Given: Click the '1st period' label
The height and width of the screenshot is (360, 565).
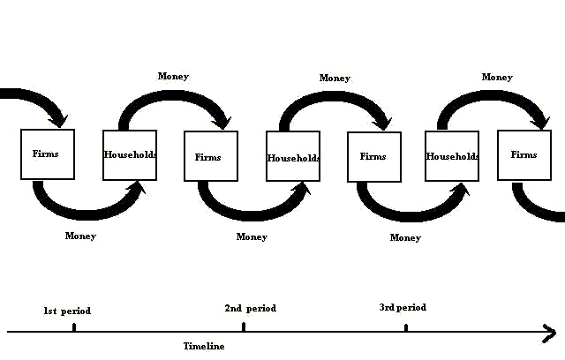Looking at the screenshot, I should (67, 311).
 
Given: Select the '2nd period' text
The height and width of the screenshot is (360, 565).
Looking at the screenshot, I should (250, 309).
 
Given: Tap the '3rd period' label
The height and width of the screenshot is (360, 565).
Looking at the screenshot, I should (403, 308).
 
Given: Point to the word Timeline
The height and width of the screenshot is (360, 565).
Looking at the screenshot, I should (204, 347).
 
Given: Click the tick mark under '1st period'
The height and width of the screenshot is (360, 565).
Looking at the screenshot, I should (74, 327).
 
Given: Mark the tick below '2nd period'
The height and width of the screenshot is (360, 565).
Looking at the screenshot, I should (244, 327).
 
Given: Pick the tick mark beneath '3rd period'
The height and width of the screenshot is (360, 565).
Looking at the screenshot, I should (406, 328).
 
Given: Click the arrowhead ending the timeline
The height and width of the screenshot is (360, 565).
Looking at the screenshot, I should (549, 333).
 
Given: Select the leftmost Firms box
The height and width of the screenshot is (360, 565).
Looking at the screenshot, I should (48, 154).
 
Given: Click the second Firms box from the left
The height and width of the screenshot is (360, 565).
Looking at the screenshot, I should (210, 157).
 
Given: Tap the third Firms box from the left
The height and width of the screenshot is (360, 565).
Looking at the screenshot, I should (374, 157).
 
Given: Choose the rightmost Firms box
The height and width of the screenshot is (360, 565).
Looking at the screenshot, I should (524, 155).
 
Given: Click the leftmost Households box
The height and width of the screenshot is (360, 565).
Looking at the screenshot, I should (130, 155).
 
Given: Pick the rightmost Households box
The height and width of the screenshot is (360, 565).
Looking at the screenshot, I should (452, 157).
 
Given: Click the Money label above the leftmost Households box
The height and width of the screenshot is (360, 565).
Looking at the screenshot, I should (173, 76).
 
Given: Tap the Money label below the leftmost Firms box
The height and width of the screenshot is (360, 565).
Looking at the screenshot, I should (80, 236).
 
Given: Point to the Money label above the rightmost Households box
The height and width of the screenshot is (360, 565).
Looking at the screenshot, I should (497, 78).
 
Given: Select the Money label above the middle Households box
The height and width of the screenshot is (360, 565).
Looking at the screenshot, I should (335, 79).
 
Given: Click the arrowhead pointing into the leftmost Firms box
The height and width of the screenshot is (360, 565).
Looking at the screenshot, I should (59, 118).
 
